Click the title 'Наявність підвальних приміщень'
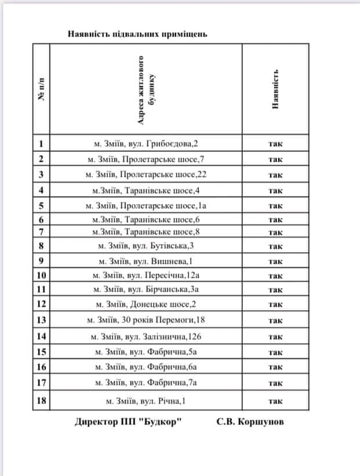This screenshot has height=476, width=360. coord(137,34)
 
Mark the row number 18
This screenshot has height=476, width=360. coord(41,400)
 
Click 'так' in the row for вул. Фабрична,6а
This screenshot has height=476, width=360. coord(275,366)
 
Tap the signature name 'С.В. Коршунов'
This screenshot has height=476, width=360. coord(250,422)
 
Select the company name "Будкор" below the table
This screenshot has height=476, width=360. coord(159,422)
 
